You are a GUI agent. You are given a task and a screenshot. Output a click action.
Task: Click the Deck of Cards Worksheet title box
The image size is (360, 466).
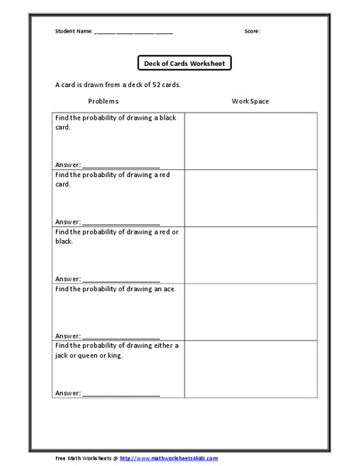coord(184,64)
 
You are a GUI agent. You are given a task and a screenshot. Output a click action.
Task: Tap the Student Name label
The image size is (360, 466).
coord(73,32)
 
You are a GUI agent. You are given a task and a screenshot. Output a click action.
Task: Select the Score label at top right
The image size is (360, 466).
coord(252,32)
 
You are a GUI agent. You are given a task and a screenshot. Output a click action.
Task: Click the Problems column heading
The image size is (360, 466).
coord(103,101)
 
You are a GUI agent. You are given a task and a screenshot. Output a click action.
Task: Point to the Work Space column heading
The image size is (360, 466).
coord(250,101)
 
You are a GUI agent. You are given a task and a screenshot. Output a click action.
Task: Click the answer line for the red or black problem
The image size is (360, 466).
coord(120,280)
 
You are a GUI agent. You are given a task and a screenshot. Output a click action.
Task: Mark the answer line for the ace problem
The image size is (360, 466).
coord(120,336)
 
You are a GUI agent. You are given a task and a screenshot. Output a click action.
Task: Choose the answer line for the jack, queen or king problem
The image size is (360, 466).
coord(120,394)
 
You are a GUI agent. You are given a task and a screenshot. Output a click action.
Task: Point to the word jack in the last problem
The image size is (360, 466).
coord(62,356)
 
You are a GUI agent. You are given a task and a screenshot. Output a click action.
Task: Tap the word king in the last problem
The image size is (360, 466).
coord(113,356)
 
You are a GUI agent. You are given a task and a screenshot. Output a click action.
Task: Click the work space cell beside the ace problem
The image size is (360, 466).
coord(251,311)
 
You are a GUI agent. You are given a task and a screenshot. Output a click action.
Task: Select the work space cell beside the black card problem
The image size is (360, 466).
coord(251,141)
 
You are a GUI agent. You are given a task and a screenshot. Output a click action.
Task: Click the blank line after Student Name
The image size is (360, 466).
coord(133,33)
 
